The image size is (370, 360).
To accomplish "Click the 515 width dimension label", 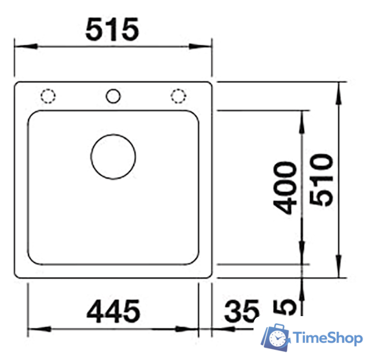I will tap(113, 29).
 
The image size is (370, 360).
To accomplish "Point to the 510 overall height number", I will tap(321, 180).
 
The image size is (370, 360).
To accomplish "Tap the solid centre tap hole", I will tap(114, 95).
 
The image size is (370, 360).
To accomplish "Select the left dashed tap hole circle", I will tap(49, 95).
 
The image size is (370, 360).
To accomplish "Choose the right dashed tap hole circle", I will tap(178, 95).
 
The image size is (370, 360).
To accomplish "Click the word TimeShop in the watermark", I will tap(328, 337).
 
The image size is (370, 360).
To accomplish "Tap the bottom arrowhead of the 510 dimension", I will tap(338, 270).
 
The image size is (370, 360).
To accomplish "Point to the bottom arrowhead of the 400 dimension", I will tap(303, 257).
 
